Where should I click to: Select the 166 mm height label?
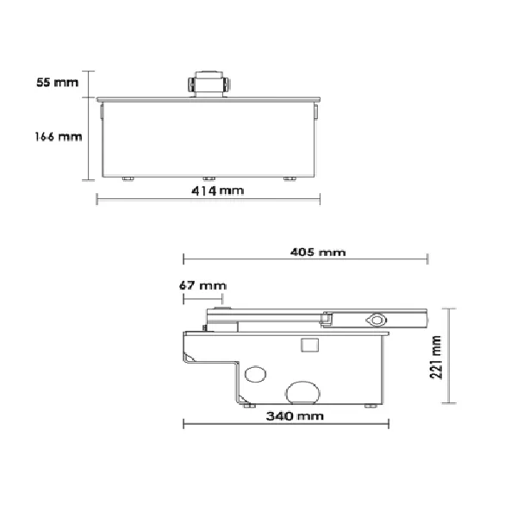pos(58,137)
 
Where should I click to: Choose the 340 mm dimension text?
pos(288,416)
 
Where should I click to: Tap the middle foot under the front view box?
pos(208,178)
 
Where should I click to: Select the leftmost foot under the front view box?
pos(128,178)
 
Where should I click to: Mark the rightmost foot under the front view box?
pos(290,178)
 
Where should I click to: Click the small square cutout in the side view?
pos(308,346)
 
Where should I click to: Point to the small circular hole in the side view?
pos(256,375)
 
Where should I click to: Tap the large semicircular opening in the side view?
pos(303,392)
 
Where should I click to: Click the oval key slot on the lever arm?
pos(377,319)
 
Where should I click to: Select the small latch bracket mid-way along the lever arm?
pos(328,321)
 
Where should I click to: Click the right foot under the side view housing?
pos(371,404)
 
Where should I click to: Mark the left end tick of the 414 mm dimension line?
pos(97,199)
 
